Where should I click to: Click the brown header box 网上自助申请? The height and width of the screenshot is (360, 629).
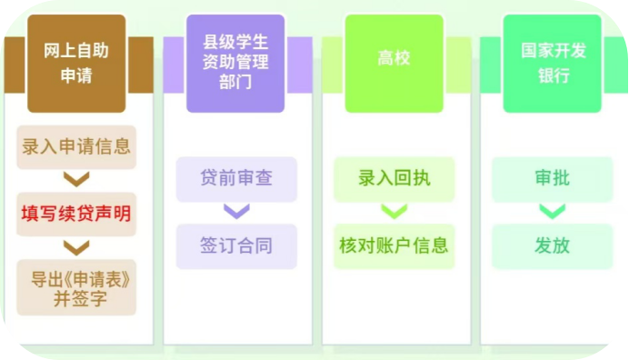[76, 64]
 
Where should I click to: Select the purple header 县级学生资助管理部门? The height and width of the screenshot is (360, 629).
[235, 64]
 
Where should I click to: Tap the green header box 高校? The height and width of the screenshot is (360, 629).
[394, 64]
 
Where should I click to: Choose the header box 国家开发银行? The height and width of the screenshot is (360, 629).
[553, 64]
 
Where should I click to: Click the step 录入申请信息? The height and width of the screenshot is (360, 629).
[76, 147]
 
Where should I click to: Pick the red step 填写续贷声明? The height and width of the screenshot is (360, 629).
[76, 214]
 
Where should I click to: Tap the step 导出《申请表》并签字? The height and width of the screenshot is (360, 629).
[76, 287]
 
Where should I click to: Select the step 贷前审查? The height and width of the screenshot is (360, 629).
[236, 179]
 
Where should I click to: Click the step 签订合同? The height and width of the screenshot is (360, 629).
[236, 246]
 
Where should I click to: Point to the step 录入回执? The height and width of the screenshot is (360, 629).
[394, 179]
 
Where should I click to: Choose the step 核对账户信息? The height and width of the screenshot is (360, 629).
[394, 246]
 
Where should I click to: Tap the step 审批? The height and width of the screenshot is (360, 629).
[553, 179]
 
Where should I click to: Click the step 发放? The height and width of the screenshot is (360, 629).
[553, 246]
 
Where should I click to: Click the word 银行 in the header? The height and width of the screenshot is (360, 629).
[554, 75]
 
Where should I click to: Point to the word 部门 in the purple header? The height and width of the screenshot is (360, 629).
[235, 83]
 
